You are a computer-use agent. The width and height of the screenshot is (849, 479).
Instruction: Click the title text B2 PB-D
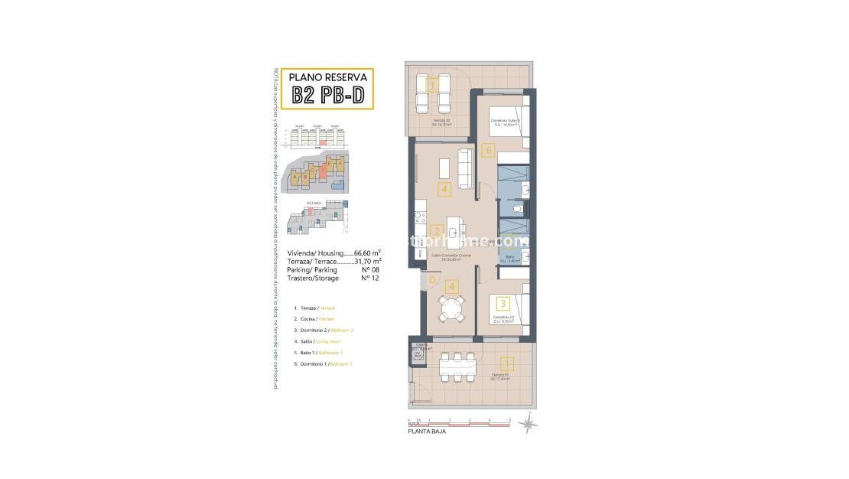[327, 96]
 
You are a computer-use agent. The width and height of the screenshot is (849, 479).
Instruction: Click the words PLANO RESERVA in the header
[327, 77]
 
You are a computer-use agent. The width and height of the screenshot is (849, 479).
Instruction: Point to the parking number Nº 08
[370, 270]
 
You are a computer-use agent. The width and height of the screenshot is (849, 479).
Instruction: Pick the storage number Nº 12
[370, 279]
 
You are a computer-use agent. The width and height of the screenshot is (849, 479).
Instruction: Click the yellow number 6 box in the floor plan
[488, 150]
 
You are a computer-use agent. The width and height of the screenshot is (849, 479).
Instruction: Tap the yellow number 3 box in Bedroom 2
[503, 305]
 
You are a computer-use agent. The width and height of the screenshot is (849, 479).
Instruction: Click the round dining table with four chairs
[452, 310]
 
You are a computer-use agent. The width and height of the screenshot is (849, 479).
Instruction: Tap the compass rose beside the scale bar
[527, 422]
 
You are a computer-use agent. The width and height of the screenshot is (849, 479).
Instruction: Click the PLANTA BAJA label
[427, 432]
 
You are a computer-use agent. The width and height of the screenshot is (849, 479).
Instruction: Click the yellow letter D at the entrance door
[433, 280]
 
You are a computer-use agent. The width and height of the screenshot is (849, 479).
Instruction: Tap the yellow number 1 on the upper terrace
[433, 86]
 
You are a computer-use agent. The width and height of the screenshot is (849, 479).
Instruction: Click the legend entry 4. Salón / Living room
[319, 341]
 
